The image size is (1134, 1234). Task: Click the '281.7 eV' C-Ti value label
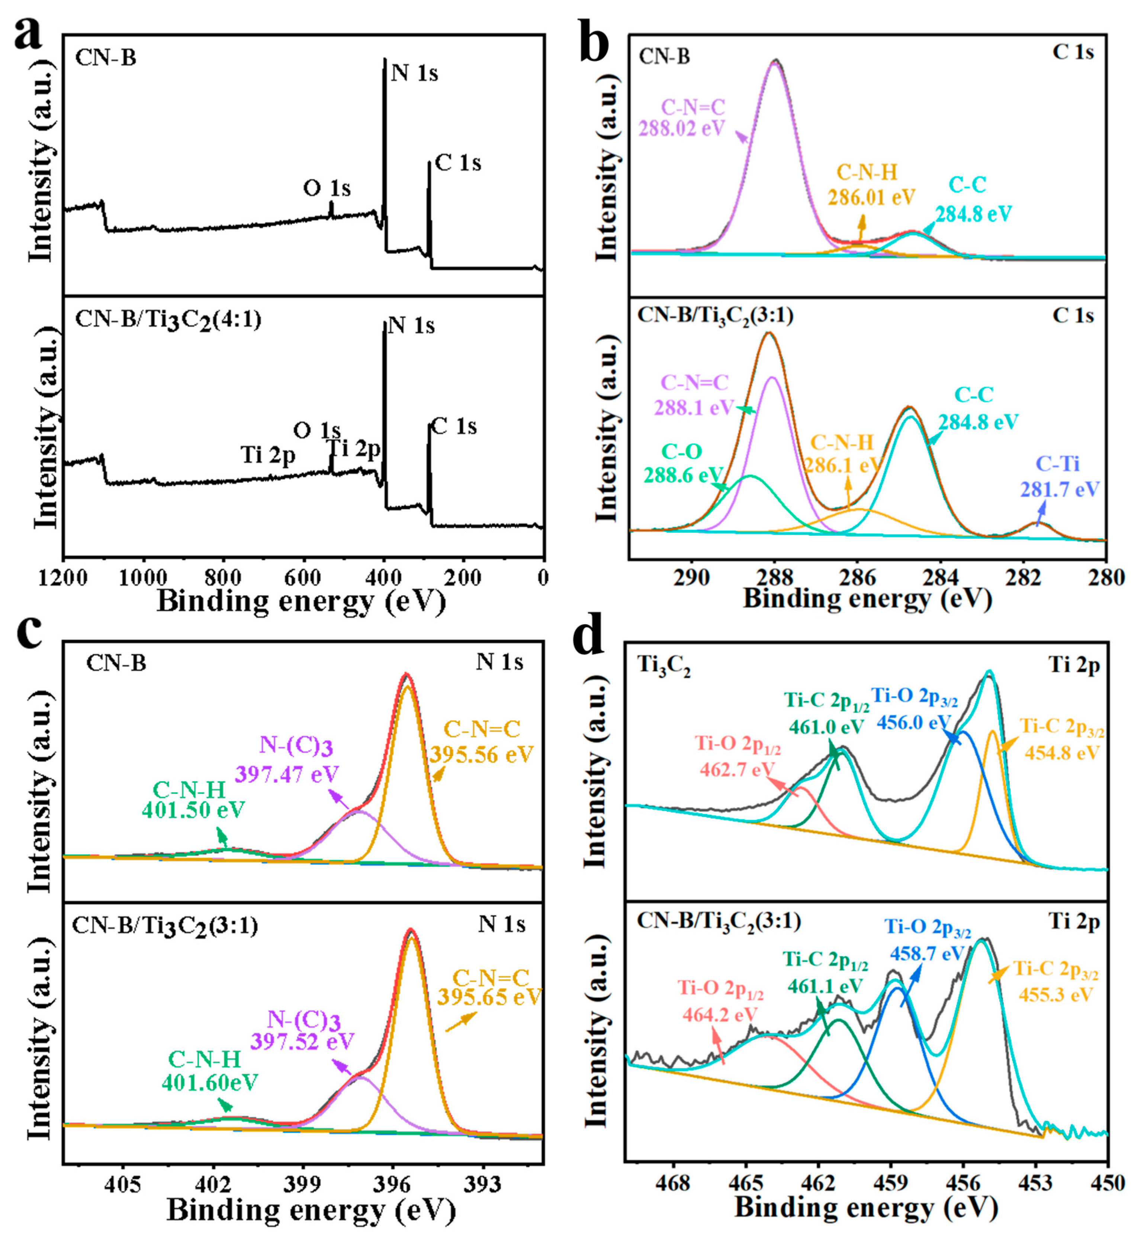point(1060,489)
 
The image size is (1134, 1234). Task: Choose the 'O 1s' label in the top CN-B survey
point(327,189)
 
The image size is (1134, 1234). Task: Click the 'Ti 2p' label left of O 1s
point(268,455)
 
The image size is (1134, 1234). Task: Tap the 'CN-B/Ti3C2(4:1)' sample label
point(168,320)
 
